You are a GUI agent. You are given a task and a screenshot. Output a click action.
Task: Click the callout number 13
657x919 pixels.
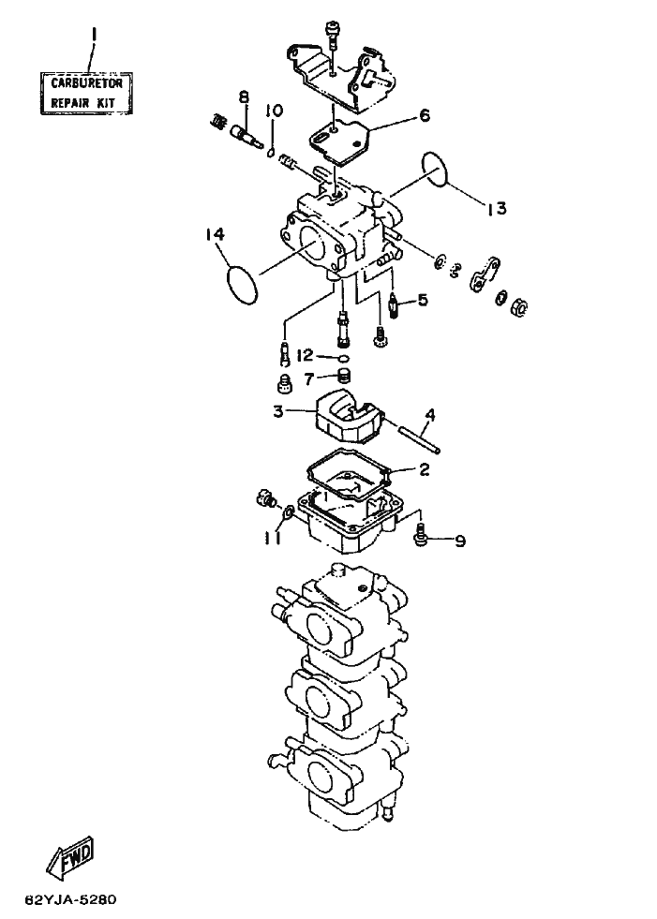(x=497, y=208)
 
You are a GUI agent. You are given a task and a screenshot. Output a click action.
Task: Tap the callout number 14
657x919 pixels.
(x=215, y=234)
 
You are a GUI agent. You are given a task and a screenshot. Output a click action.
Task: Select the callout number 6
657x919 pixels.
(x=425, y=115)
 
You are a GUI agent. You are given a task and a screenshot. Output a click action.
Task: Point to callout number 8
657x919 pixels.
(x=244, y=97)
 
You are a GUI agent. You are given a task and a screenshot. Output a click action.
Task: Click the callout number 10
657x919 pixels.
(x=274, y=111)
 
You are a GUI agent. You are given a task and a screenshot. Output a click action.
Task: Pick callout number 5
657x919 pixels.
(x=423, y=301)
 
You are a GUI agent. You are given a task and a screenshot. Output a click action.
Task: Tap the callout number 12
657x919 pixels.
(x=306, y=356)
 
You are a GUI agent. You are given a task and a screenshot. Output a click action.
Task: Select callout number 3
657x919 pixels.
(x=278, y=411)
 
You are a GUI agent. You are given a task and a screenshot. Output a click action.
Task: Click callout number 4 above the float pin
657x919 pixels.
(x=430, y=416)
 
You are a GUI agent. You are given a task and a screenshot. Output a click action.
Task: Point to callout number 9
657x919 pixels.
(x=460, y=541)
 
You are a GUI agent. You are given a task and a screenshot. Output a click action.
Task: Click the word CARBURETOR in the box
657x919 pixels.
(x=87, y=83)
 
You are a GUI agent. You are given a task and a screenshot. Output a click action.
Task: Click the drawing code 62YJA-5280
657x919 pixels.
(x=71, y=899)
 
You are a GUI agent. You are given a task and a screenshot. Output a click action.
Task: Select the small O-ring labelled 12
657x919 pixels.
(x=344, y=359)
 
